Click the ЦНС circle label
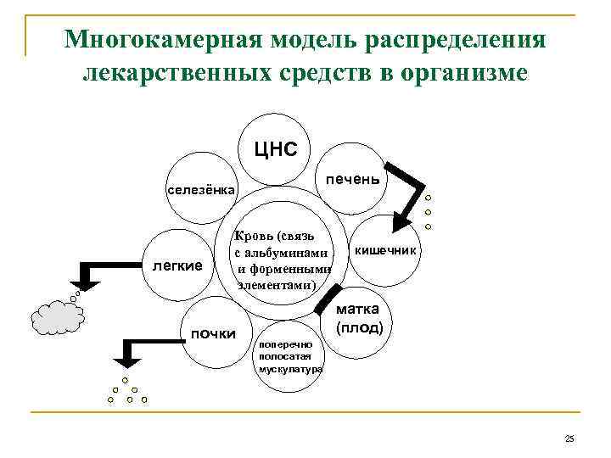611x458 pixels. click(277, 151)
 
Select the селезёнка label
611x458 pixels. click(201, 188)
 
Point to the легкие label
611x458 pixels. click(177, 265)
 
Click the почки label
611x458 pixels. click(212, 333)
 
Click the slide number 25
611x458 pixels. click(569, 438)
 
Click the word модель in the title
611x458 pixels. click(311, 41)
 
